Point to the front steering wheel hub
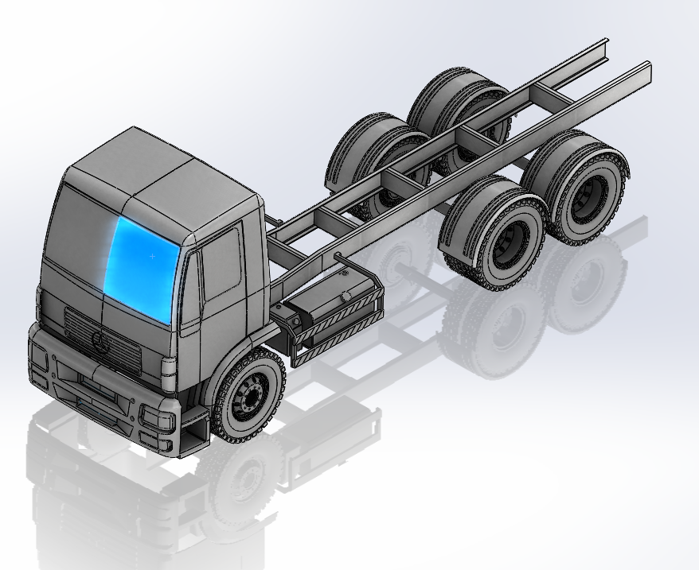[x=250, y=395]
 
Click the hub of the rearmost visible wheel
[x=590, y=194]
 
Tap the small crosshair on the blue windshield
[x=152, y=257]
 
